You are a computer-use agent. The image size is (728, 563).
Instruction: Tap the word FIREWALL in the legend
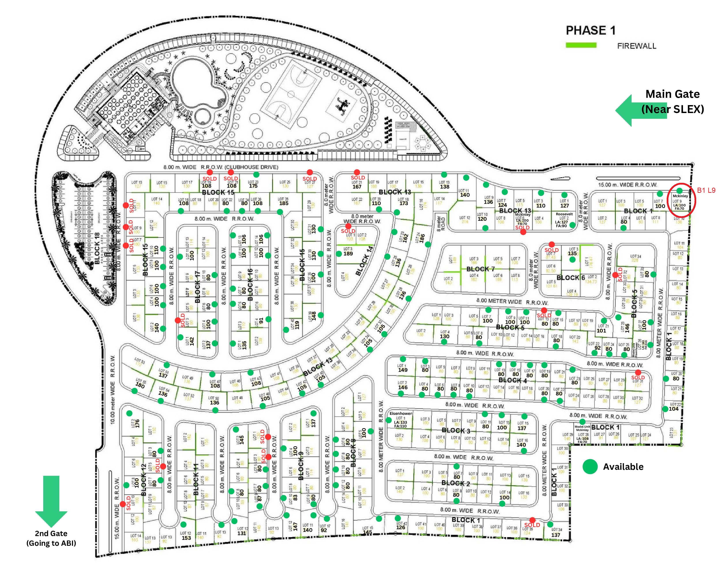(636, 46)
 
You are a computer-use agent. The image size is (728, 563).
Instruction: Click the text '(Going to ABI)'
(51, 543)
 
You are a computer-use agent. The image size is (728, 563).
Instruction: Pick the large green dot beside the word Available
(590, 467)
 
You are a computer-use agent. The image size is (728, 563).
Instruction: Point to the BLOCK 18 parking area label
(97, 248)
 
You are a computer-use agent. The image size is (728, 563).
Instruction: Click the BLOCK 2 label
(456, 483)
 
